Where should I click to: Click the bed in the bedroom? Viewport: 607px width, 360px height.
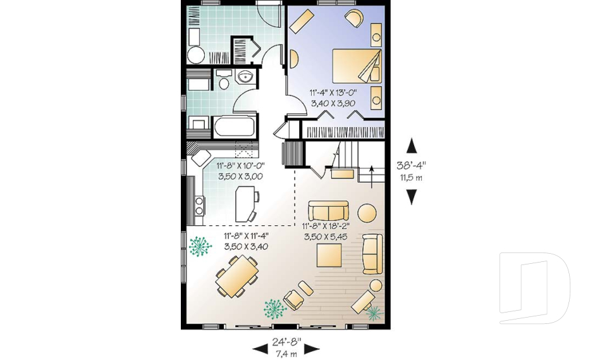pos(357,66)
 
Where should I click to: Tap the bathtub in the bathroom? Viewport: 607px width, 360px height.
pos(234,127)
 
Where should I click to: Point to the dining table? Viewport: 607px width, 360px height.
pos(237,276)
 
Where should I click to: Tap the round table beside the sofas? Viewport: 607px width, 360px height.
pos(367,213)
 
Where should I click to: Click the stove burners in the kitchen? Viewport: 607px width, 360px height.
pos(199,206)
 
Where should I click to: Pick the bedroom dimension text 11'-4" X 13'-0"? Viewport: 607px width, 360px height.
pos(333,92)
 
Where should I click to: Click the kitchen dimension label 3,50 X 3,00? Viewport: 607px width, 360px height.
pos(240,177)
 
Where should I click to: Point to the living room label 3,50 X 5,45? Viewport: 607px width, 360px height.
pos(326,237)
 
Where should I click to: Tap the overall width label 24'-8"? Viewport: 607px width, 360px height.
pos(286,342)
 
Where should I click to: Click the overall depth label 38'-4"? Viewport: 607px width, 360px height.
pos(411,166)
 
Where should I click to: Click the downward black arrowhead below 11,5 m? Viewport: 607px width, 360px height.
pos(412,197)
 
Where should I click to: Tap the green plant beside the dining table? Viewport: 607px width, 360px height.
pos(200,247)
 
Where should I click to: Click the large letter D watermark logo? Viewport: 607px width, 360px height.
pos(534,289)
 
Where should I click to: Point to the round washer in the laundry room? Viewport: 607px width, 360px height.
pos(196,56)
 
